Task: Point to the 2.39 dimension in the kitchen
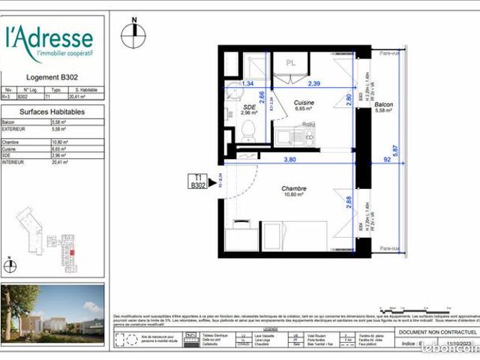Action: [313, 84]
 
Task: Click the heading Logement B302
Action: [52, 76]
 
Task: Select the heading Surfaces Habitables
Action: [52, 112]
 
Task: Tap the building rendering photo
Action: [52, 310]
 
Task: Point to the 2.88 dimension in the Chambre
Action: [347, 202]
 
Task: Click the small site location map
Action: [52, 235]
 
